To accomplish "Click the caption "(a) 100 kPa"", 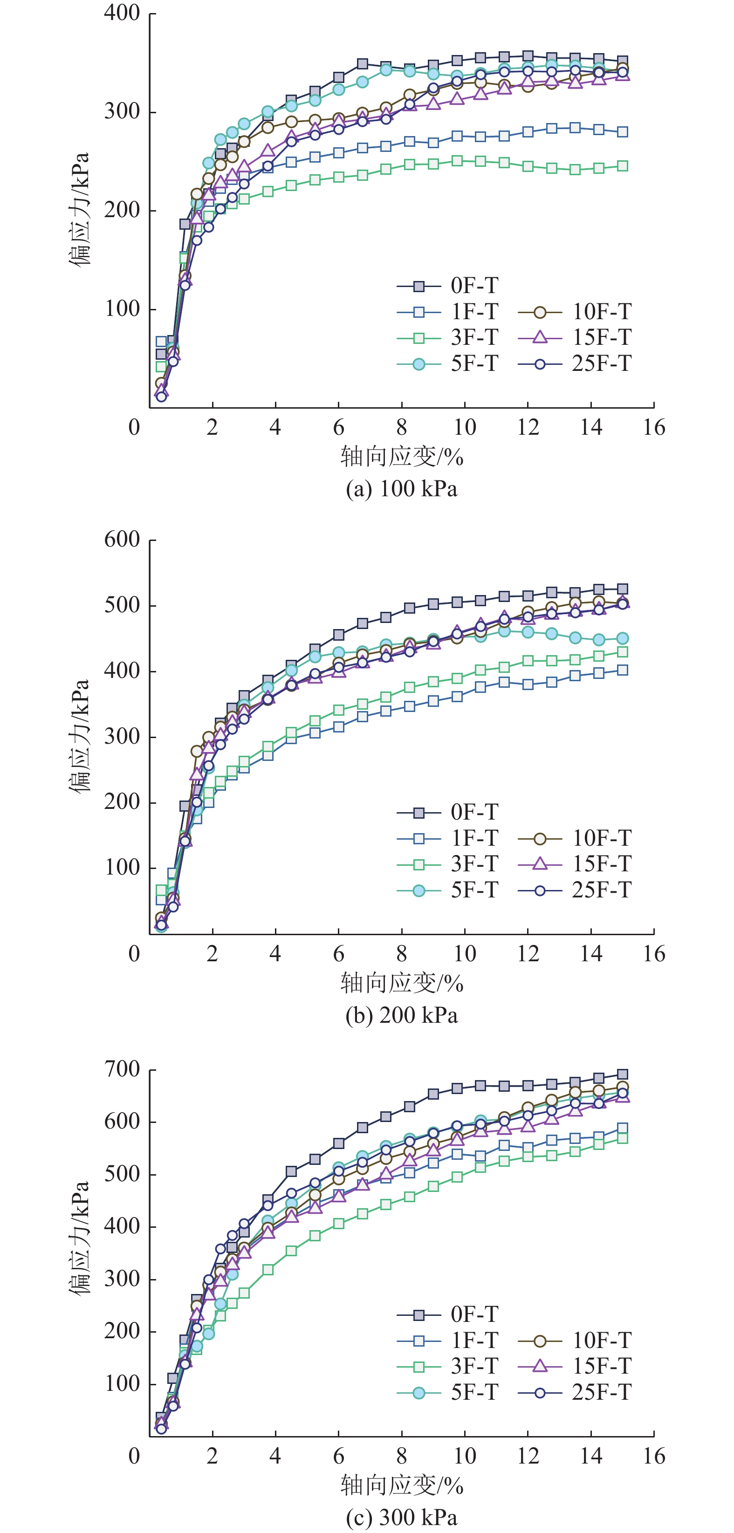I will point(402,489).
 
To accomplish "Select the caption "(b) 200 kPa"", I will point(402,1015).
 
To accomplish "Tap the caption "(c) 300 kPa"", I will point(402,1517).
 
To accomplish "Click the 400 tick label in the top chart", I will point(122,13).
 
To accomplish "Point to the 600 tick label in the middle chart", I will point(122,540).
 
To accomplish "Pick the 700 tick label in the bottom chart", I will point(122,1069).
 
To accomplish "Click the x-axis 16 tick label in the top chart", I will point(654,427).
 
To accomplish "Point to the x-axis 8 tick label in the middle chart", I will point(402,954).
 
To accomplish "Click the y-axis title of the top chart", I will point(79,210).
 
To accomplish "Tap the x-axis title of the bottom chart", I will point(402,1485).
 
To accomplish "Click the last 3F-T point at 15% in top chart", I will point(622,166).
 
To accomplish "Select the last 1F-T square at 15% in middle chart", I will point(622,670).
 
